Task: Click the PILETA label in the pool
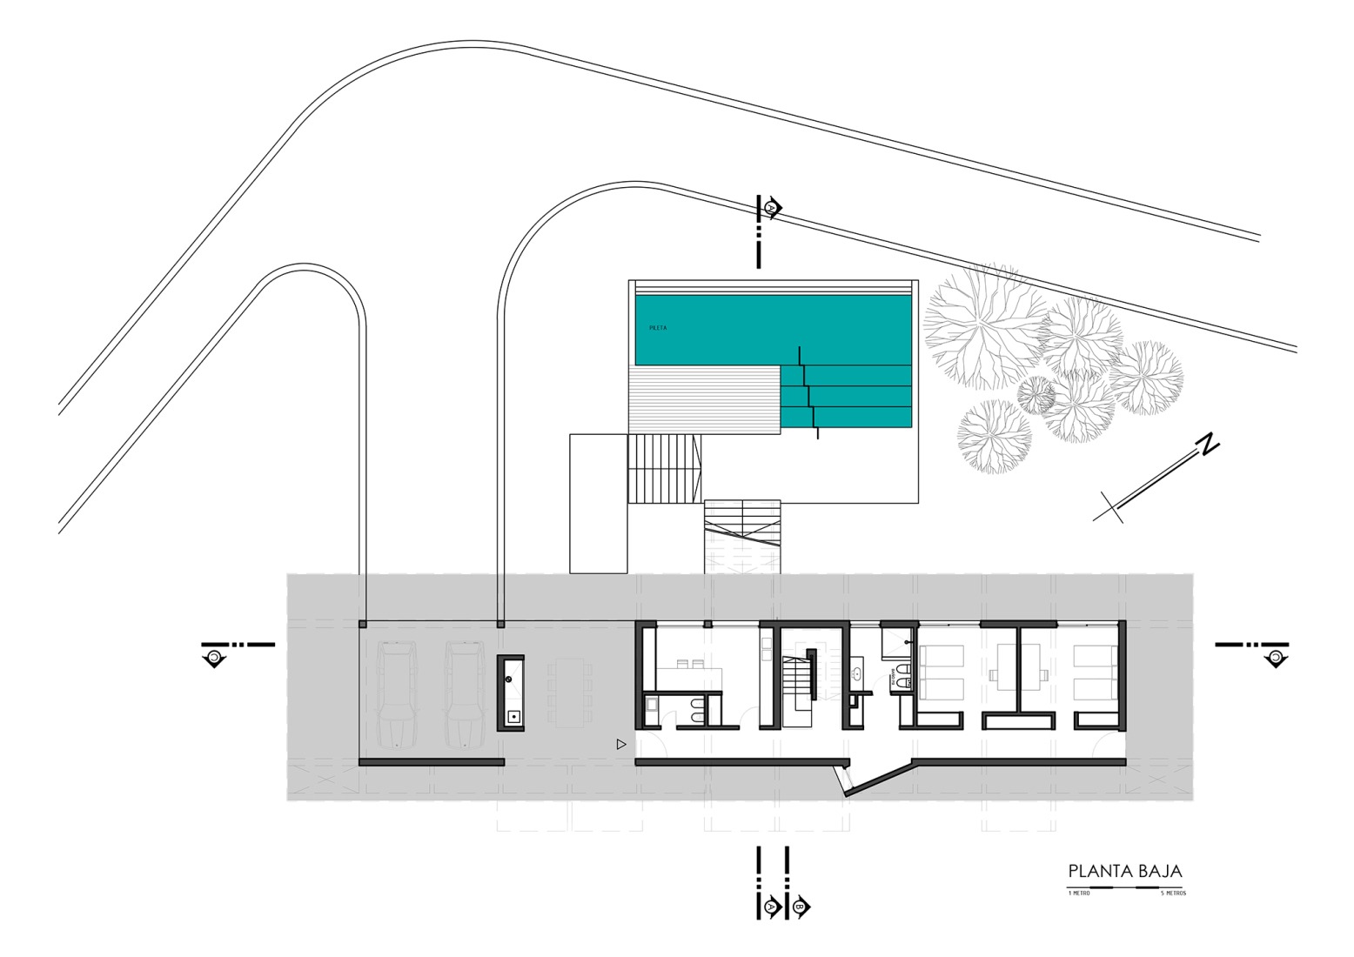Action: pos(658,328)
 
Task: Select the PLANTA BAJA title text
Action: pos(1125,871)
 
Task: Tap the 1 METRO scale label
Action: pos(1079,893)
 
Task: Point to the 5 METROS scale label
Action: pos(1173,893)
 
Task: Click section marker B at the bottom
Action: pos(799,906)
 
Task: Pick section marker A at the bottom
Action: pos(771,906)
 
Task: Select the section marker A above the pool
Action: pos(772,209)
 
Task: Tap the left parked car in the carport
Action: pos(396,695)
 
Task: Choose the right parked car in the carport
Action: pos(462,695)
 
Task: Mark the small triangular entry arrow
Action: pos(620,745)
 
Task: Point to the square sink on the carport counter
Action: pos(513,717)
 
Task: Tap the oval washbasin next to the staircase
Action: pos(856,672)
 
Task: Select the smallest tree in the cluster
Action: pos(1036,395)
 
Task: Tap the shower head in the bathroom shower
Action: pos(908,642)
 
